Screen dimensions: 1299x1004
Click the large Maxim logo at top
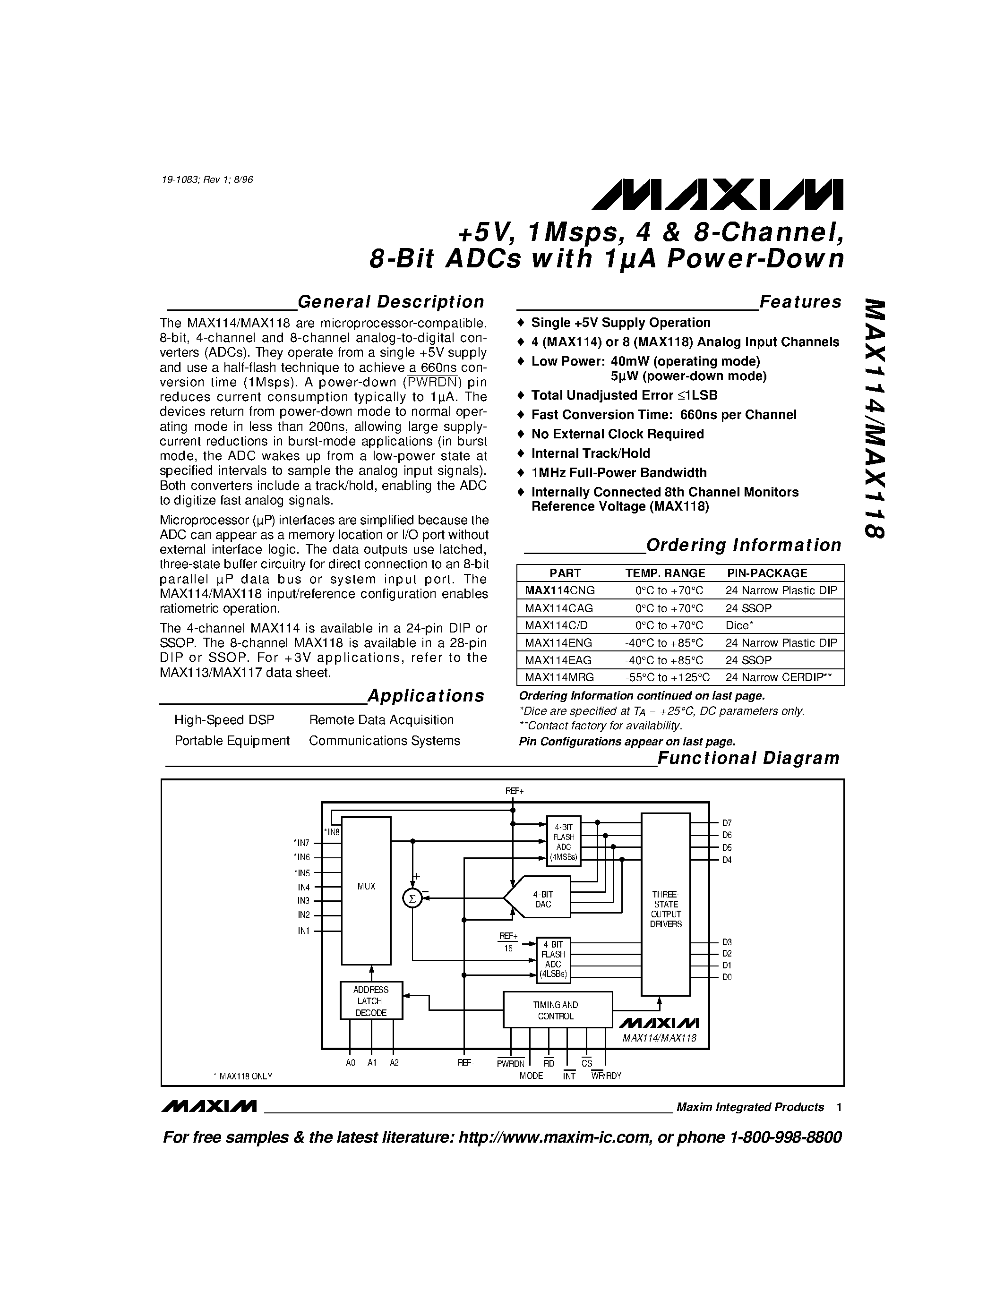click(717, 195)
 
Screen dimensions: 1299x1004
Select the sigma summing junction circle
click(412, 898)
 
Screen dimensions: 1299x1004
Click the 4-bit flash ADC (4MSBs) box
click(563, 841)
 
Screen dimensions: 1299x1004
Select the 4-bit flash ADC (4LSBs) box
click(553, 959)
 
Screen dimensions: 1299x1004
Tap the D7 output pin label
click(727, 823)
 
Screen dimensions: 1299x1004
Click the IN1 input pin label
click(304, 931)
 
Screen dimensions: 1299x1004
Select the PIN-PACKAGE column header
click(767, 573)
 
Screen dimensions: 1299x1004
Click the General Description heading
click(390, 302)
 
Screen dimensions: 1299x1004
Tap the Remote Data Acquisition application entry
click(381, 720)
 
